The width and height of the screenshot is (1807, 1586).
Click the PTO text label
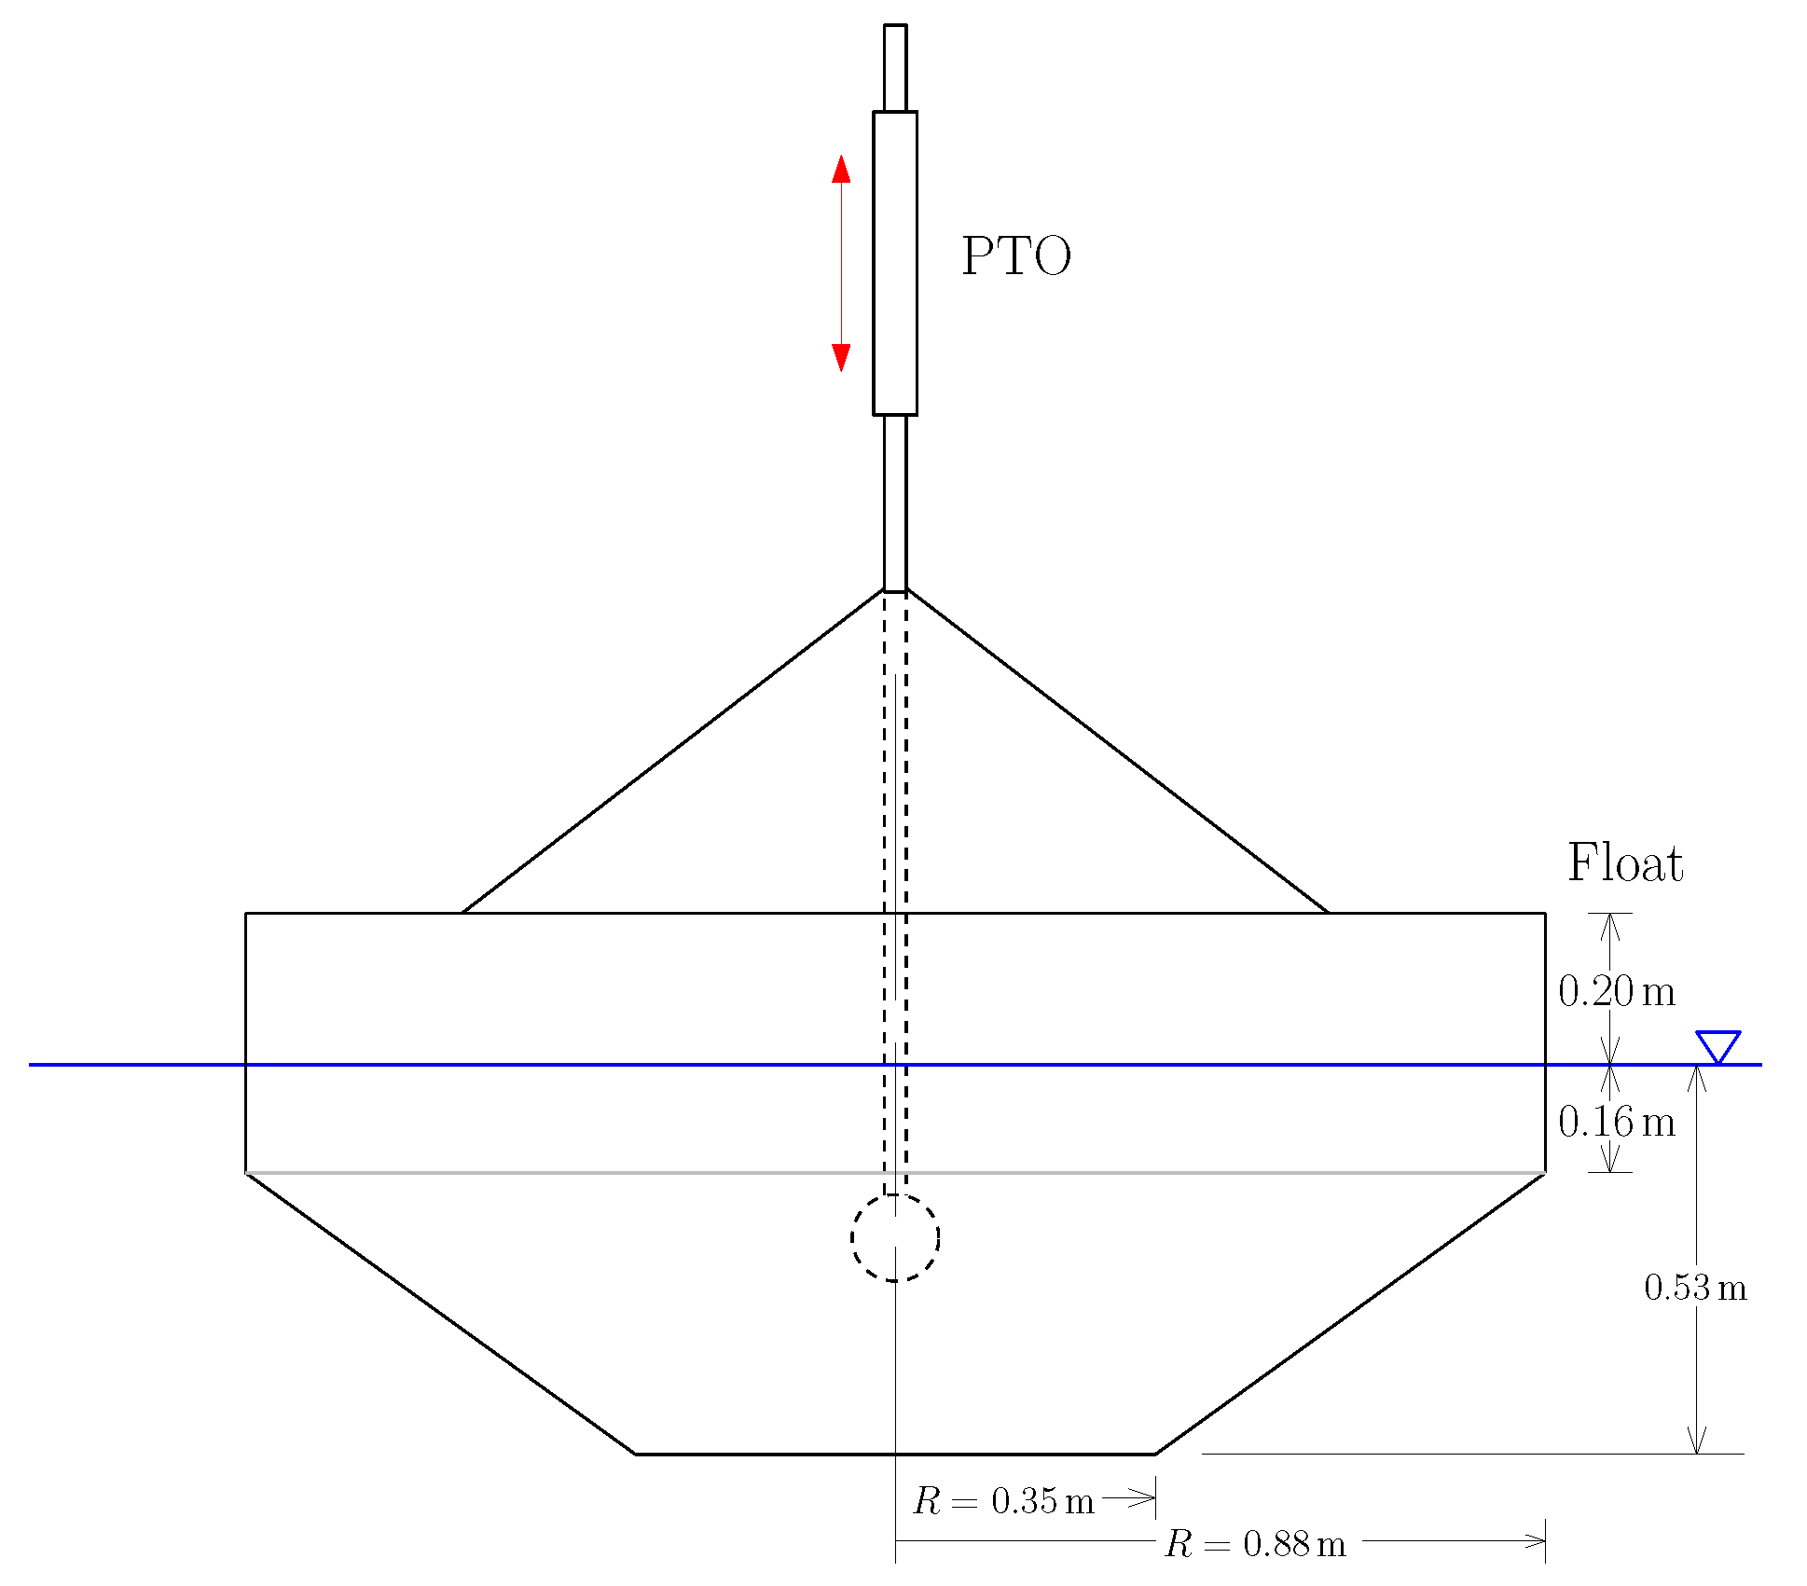tap(1015, 256)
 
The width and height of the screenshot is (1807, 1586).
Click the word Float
tap(1624, 862)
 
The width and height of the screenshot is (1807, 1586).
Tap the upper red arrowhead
tap(841, 169)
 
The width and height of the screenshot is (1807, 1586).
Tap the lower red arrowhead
tap(841, 357)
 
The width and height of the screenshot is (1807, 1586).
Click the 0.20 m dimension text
tap(1616, 991)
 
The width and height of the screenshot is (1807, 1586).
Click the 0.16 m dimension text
tap(1616, 1122)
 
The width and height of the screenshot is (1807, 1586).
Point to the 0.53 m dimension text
tap(1694, 1289)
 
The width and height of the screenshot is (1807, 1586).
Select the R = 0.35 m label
tap(1002, 1501)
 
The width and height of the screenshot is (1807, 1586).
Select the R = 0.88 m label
tap(1255, 1545)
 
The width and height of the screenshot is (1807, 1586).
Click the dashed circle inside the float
tap(895, 1237)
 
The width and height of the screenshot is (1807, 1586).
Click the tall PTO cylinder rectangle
tap(895, 263)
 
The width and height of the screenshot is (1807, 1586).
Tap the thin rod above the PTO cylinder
tap(895, 68)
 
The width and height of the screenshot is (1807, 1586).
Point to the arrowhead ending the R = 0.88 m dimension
tap(1535, 1540)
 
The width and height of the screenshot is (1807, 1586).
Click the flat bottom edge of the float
tap(895, 1454)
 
